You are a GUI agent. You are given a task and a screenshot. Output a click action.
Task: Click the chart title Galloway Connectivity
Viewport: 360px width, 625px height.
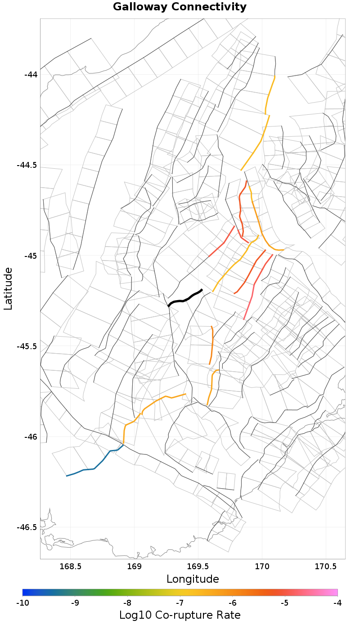[x=180, y=7]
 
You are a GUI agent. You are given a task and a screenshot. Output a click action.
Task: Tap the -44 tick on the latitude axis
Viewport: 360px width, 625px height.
[x=31, y=74]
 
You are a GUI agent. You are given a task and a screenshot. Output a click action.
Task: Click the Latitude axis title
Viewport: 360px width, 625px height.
[x=8, y=288]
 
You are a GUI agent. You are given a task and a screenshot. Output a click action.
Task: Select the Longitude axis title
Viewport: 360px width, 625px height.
[x=193, y=579]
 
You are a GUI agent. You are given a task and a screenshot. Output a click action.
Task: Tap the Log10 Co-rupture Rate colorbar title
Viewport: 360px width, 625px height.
[x=180, y=615]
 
